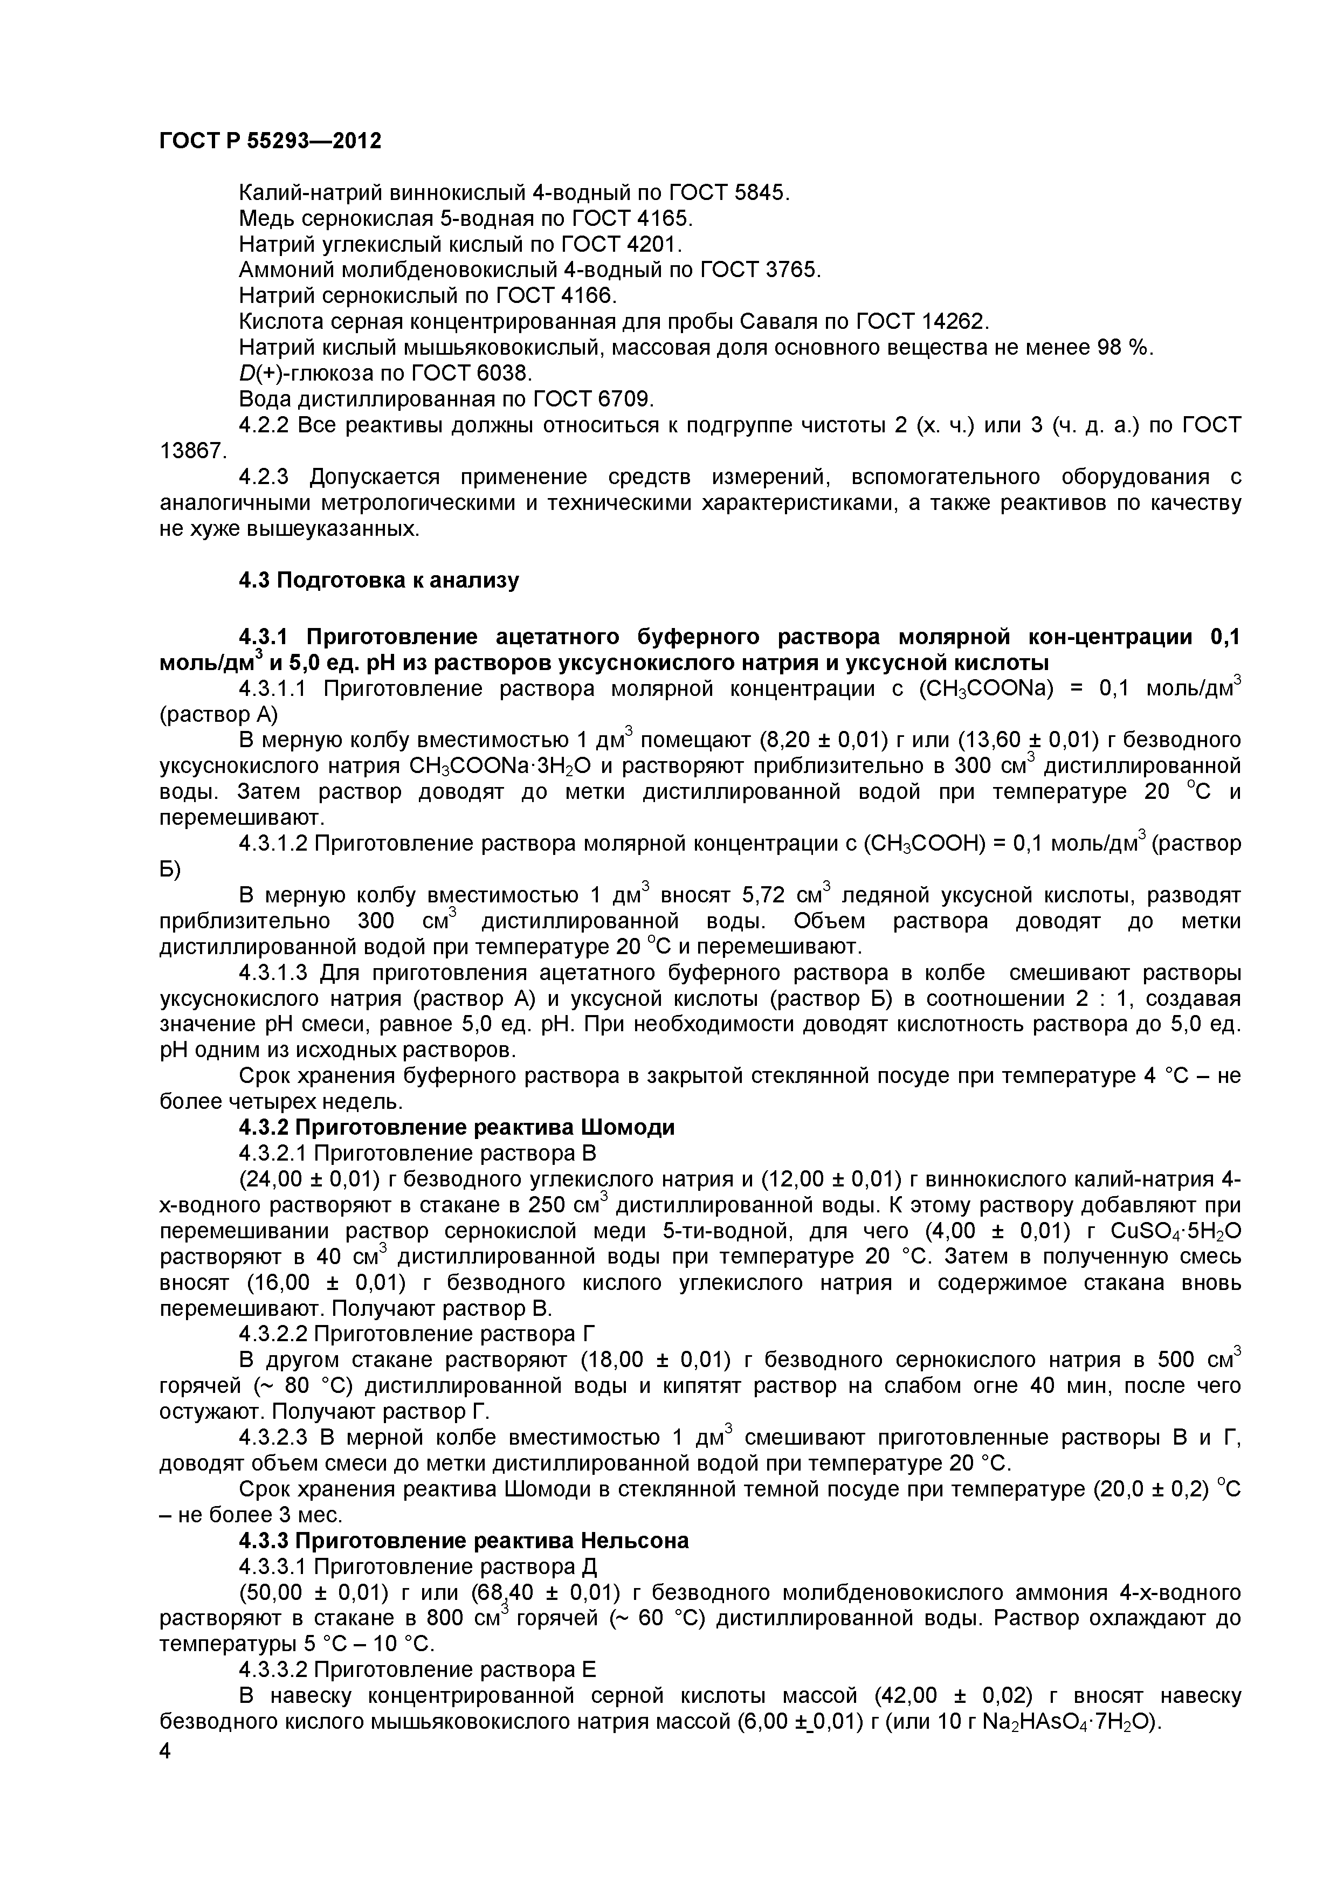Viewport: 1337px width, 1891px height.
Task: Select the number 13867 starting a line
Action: tap(191, 451)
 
